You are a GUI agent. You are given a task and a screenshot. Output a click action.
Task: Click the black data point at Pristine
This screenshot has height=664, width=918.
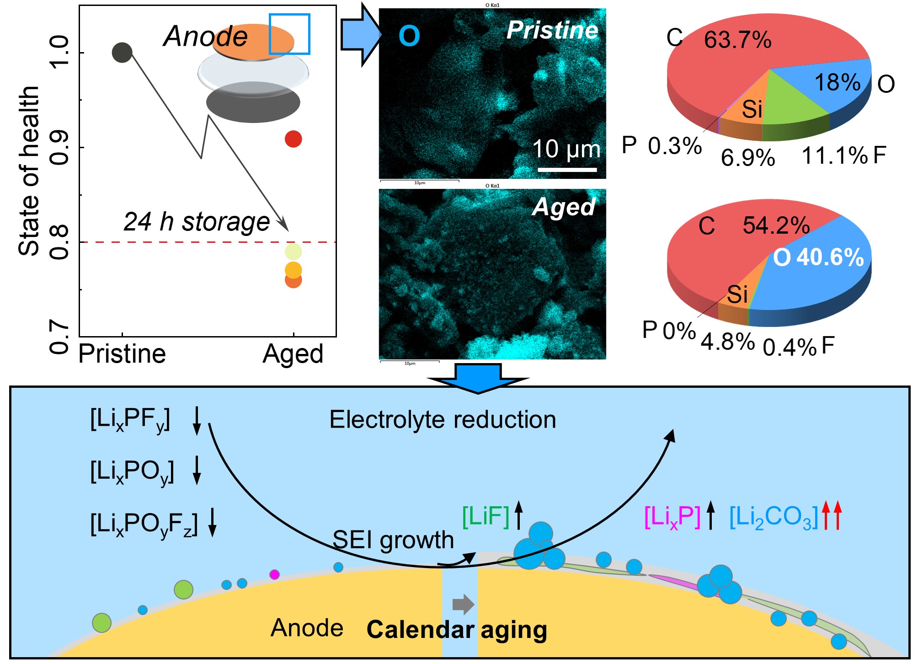coord(122,53)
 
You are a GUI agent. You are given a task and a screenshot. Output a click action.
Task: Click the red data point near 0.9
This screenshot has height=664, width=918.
coord(293,139)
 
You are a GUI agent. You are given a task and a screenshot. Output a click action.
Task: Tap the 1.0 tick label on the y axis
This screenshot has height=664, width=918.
coord(59,53)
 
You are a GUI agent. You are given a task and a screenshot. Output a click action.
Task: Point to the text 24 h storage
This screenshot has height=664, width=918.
coord(197,222)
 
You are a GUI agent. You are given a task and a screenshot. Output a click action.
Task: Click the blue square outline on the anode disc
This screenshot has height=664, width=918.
coord(289,34)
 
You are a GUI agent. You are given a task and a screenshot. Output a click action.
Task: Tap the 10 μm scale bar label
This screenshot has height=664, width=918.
coord(566,149)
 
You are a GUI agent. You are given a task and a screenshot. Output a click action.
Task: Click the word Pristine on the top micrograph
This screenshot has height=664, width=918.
coord(552,31)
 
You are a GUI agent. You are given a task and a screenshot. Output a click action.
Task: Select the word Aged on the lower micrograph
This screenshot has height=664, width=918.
coord(564,207)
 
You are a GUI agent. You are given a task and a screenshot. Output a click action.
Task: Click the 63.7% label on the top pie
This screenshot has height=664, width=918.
coord(737,40)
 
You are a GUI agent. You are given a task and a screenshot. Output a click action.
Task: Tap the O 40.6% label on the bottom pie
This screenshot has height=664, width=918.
coord(818,257)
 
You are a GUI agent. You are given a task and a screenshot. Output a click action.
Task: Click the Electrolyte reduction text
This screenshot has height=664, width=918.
coord(443,420)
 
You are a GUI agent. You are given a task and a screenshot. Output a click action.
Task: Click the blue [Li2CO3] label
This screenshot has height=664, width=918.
coord(773,518)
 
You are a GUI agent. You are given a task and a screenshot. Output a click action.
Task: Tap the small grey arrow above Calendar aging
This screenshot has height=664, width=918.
coord(463,604)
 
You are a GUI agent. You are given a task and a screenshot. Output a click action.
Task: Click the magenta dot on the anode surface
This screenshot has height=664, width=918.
coord(274,574)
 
